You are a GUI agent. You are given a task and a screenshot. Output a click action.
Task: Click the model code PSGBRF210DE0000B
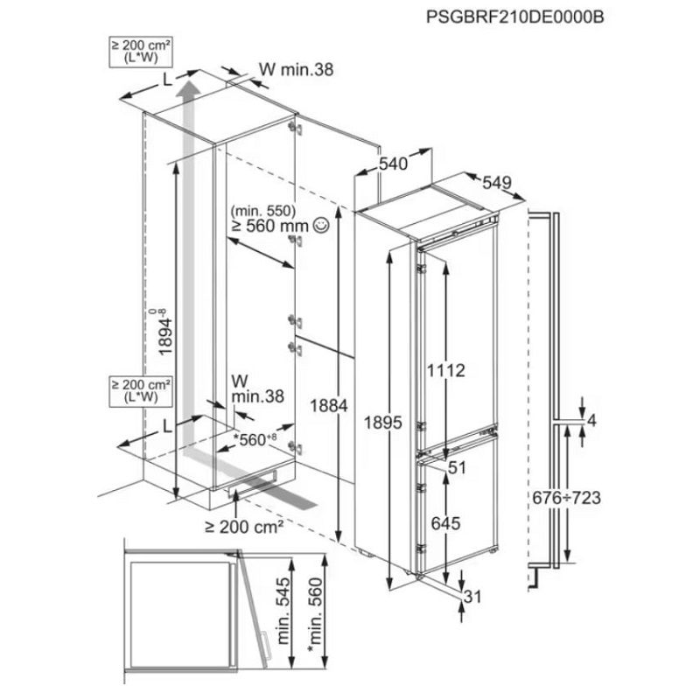click(x=514, y=17)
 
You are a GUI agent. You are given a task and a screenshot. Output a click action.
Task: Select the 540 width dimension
click(x=393, y=164)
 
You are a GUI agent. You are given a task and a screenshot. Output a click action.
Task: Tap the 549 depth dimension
click(x=497, y=182)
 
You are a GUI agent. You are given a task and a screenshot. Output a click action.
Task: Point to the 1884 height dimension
click(x=329, y=406)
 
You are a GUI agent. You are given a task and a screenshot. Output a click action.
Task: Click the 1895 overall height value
click(x=383, y=423)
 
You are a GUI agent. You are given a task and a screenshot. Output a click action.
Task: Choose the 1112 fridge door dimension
click(x=446, y=370)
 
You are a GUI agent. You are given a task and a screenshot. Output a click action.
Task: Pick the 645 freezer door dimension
click(x=446, y=523)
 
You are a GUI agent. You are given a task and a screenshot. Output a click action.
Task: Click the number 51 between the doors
click(x=457, y=468)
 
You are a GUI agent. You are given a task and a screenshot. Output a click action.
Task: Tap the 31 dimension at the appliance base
click(x=473, y=596)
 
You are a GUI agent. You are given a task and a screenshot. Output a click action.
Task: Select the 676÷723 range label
click(x=567, y=497)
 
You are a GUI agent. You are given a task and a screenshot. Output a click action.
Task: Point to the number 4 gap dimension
click(x=592, y=421)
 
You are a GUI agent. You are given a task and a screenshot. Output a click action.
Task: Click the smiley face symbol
click(x=321, y=226)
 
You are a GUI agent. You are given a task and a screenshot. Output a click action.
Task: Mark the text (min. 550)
click(x=263, y=210)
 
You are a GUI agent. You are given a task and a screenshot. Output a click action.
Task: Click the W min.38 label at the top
click(x=297, y=69)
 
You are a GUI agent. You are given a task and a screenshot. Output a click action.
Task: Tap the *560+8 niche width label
click(x=255, y=440)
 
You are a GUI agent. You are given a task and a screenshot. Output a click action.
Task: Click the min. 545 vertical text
click(x=283, y=610)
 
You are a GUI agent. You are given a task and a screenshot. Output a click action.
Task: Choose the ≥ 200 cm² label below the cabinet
click(x=244, y=528)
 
